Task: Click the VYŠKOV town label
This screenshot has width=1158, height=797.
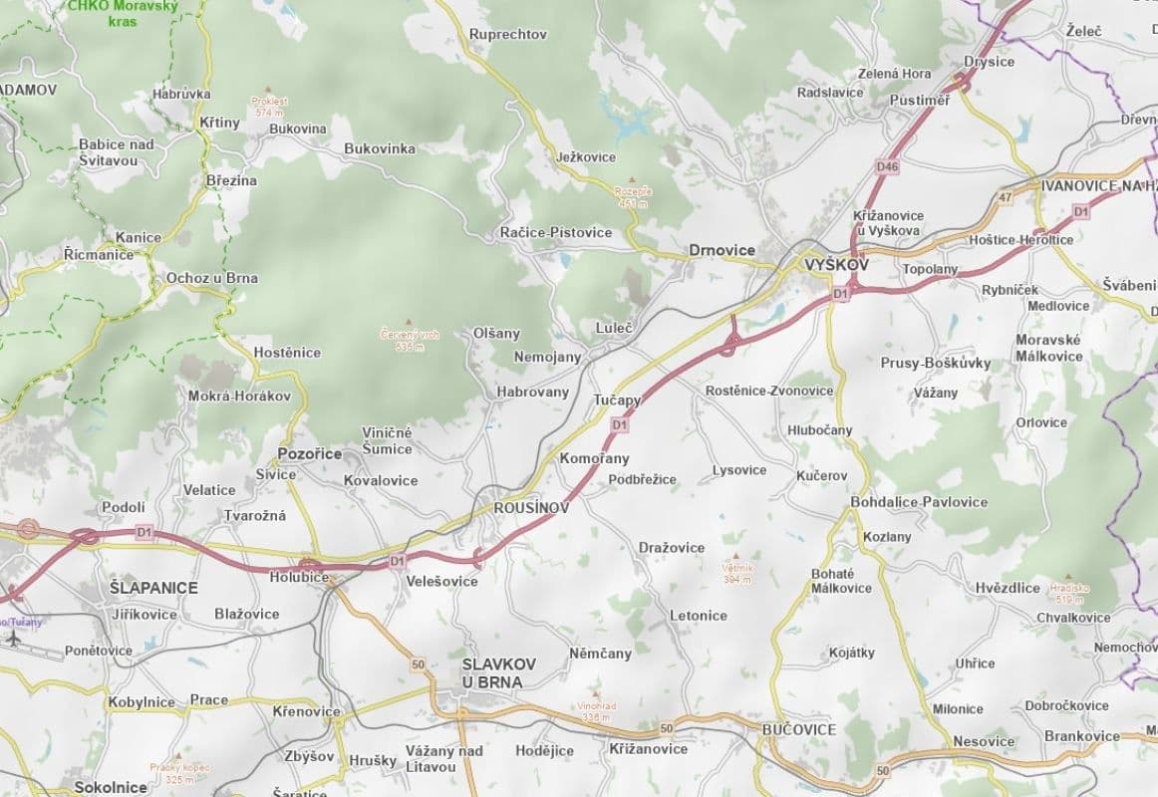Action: point(836,266)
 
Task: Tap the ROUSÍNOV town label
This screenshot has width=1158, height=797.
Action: point(531,508)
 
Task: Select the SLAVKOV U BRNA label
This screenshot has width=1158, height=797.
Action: point(499,672)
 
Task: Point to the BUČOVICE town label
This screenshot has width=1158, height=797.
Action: point(798,729)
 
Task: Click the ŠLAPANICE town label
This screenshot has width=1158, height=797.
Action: point(153,588)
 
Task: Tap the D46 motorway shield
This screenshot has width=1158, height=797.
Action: point(887,167)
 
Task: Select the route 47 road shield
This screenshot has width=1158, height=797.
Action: point(1005,198)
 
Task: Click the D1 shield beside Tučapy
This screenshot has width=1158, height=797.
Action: point(620,425)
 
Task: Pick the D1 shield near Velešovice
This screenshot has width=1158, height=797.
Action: point(398,561)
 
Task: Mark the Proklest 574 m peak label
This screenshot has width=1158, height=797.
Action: point(269,107)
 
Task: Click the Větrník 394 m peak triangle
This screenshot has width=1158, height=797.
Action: point(736,557)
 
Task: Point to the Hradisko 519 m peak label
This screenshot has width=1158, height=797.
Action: point(1066,593)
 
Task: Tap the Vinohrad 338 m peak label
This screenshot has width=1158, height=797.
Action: point(596,710)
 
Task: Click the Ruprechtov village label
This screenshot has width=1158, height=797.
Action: point(508,34)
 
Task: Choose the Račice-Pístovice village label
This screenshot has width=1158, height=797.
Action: point(556,233)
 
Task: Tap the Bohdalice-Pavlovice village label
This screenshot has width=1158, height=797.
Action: point(919,502)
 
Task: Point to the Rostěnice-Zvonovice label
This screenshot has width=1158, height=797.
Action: point(769,391)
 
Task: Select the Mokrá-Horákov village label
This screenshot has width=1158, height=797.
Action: point(239,397)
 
